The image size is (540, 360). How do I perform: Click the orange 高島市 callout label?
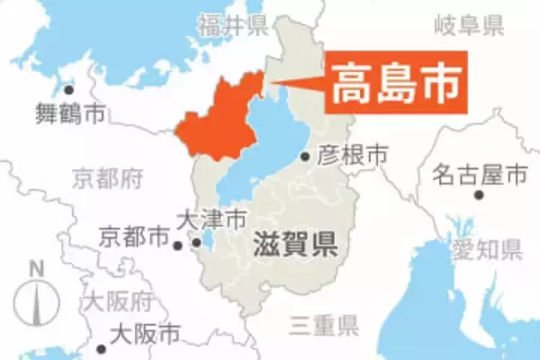[x=397, y=84]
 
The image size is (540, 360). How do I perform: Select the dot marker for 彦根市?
[x=305, y=157]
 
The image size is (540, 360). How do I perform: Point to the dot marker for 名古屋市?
[x=478, y=194]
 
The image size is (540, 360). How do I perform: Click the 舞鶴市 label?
[x=69, y=113]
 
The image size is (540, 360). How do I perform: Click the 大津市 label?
[x=211, y=219]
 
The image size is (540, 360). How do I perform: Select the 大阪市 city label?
[x=144, y=335]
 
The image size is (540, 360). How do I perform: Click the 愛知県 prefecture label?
[x=487, y=248]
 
